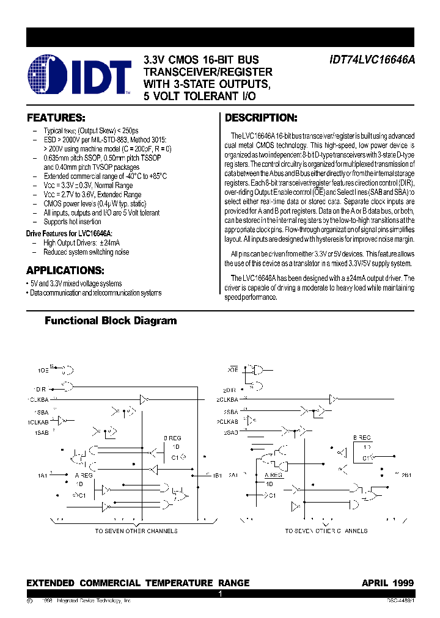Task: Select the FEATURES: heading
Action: (56, 118)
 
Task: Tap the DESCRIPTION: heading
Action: (261, 118)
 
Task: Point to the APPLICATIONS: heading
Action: (65, 270)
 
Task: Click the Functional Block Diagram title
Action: (111, 321)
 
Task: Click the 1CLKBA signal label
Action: (37, 400)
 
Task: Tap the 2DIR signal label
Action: (230, 390)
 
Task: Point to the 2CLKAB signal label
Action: (227, 421)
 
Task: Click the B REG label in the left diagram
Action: (172, 438)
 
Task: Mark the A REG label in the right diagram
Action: (273, 474)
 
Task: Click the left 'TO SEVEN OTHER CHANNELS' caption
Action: (136, 531)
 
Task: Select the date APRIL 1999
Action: (387, 583)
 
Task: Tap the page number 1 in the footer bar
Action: (220, 594)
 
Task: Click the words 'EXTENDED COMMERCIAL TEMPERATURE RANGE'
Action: (137, 583)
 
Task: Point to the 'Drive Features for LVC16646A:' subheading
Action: (69, 233)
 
